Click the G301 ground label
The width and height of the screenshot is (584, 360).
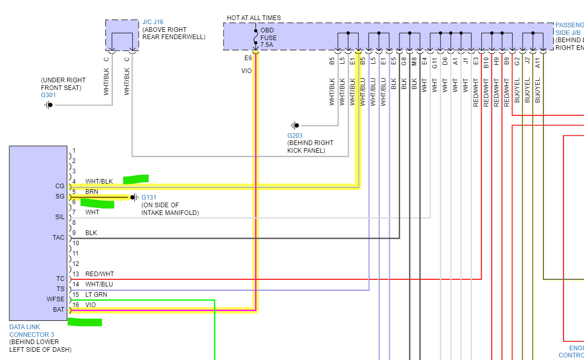point(48,95)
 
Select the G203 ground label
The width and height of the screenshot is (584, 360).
point(295,136)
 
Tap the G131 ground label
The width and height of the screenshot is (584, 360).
point(149,197)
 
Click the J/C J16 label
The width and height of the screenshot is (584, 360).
point(153,22)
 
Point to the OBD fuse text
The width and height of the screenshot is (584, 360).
point(268,38)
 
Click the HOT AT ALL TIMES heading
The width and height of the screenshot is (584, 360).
point(254,18)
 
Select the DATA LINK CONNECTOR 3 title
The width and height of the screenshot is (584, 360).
point(31,331)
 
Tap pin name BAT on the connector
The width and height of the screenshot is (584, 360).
point(59,310)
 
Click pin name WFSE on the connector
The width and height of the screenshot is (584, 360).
point(56,299)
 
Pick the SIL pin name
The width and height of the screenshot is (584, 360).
point(60,217)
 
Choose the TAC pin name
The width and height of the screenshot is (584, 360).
point(59,238)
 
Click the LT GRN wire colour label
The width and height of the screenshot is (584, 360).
point(96,295)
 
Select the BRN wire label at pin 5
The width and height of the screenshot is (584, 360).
point(92,192)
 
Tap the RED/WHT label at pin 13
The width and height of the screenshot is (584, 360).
point(100,274)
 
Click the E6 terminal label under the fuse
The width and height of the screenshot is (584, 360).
point(248,58)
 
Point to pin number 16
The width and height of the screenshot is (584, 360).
point(75,305)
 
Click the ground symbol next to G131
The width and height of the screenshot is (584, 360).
point(134,197)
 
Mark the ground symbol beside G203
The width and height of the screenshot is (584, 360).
point(295,125)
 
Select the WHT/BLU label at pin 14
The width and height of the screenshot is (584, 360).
point(99,284)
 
